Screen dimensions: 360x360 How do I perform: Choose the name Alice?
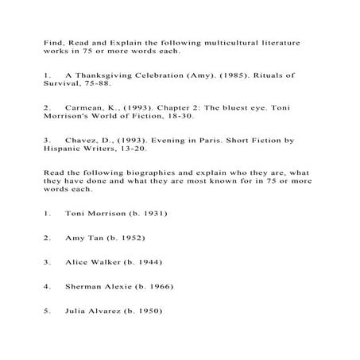(x=79, y=261)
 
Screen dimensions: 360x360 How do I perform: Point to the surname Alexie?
(x=117, y=285)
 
